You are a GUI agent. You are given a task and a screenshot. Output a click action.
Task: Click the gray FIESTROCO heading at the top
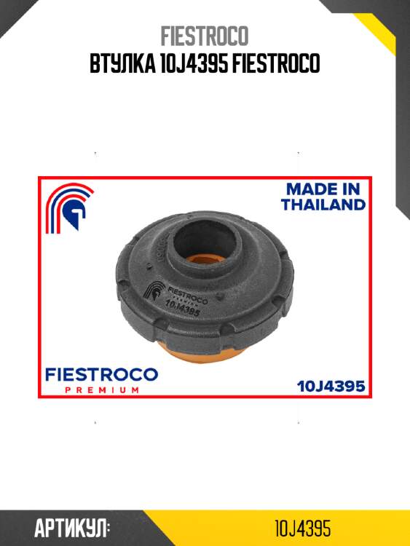(205, 36)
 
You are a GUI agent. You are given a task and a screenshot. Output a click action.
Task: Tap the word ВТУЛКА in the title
(122, 63)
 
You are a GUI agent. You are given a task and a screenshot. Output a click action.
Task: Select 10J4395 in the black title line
(193, 63)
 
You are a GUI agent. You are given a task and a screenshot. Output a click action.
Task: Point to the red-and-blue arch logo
(70, 207)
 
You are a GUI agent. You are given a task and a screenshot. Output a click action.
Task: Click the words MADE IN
(323, 189)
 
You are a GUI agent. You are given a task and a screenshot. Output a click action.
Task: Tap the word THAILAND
(323, 205)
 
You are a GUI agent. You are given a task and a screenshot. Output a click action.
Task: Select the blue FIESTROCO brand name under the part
(102, 375)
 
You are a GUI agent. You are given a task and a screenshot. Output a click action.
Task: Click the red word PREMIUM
(102, 390)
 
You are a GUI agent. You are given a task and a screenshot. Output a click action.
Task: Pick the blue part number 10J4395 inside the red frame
(331, 386)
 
